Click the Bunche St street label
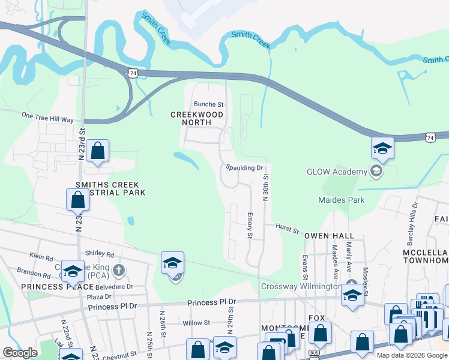[208, 104]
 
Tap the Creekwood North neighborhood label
[197, 118]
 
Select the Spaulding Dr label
[245, 168]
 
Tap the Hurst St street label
[287, 227]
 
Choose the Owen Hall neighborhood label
[329, 236]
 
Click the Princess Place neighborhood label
[50, 287]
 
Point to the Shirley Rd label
[100, 254]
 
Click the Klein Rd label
[41, 257]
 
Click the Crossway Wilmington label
[303, 286]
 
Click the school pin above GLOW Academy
[382, 148]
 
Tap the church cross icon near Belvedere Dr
[119, 269]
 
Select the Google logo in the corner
[20, 353]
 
